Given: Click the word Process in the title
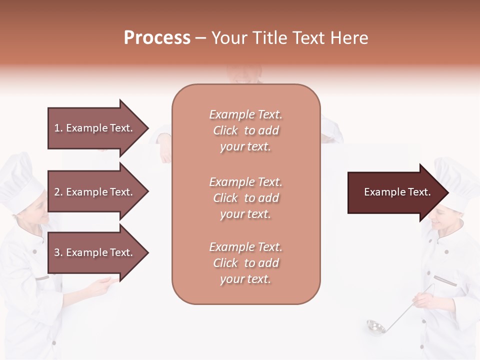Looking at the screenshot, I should pos(157,37).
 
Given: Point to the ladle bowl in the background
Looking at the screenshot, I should pos(375,326).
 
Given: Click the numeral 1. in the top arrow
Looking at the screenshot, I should pos(58,128).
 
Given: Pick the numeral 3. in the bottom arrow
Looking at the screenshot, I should pos(58,252).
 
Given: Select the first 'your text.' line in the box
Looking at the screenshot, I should pos(245,147).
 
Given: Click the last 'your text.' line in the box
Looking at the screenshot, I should pos(245,279).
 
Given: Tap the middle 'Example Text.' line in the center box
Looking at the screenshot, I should pos(245,182).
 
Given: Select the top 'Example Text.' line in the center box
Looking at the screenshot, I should pos(245,114).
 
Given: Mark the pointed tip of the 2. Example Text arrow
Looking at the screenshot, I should pos(147,192).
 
